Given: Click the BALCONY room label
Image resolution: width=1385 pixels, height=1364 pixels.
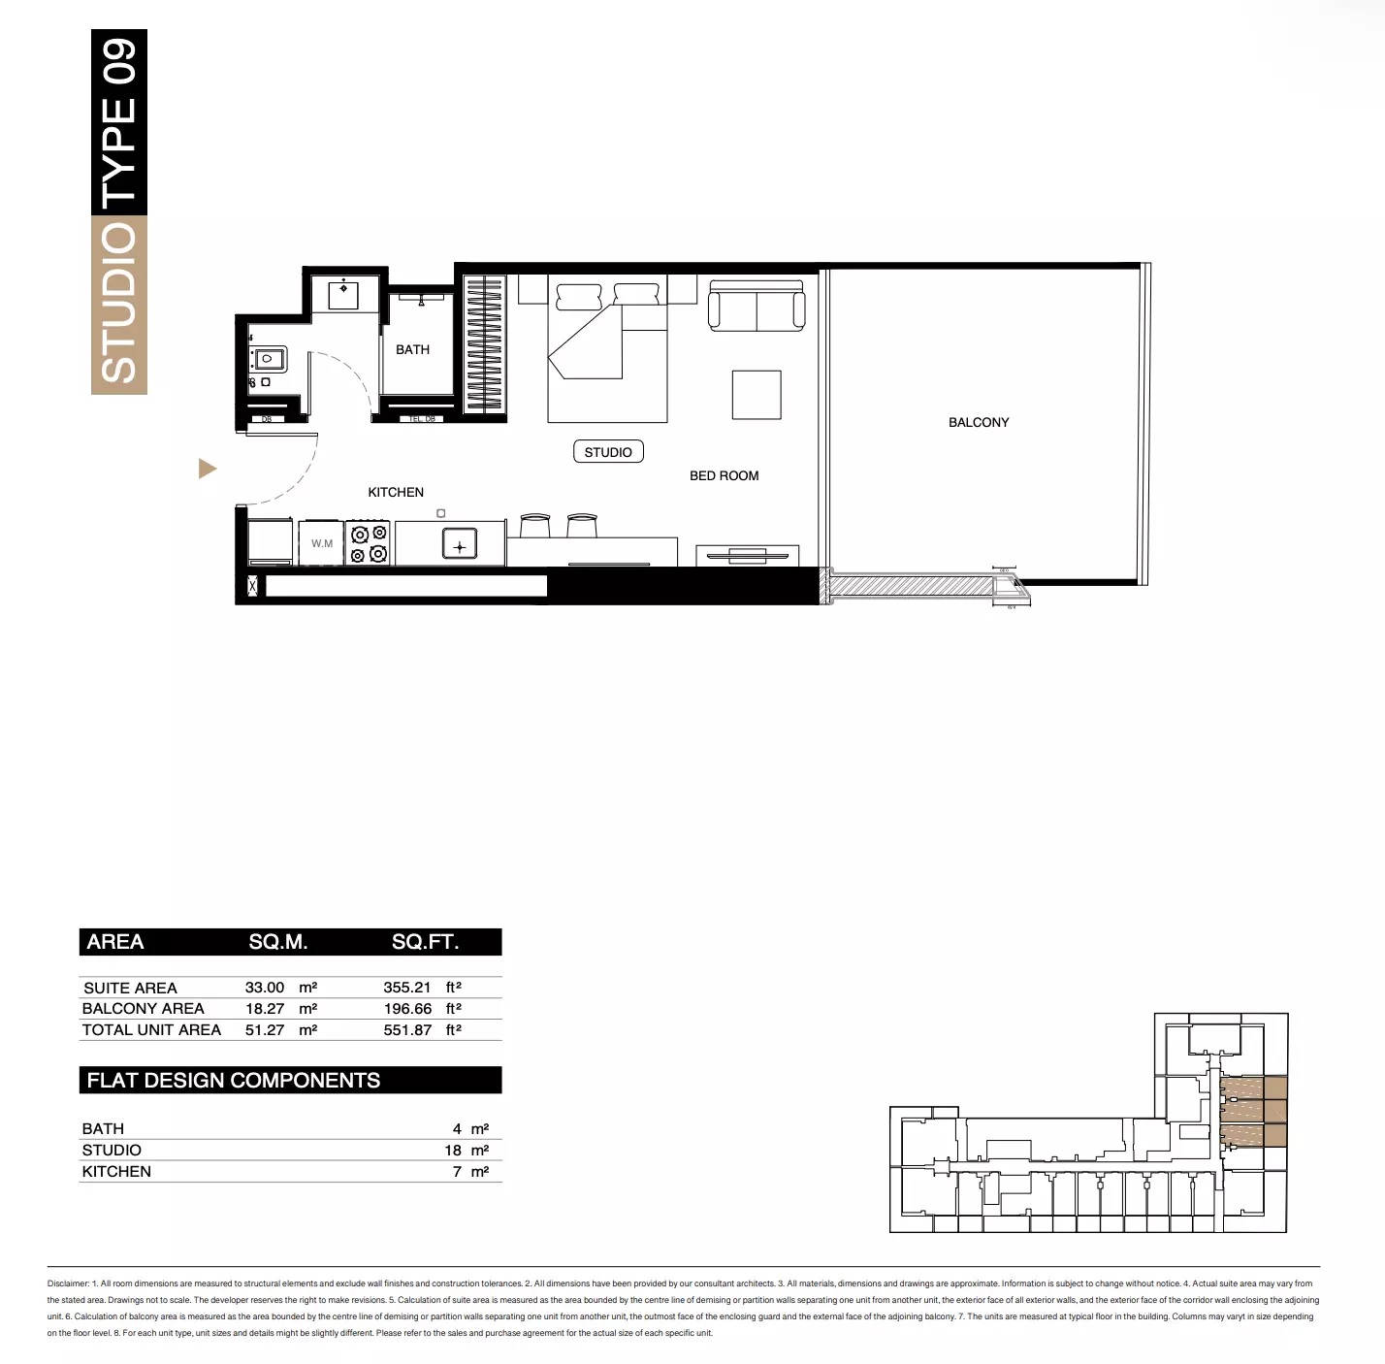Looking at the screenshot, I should [x=978, y=422].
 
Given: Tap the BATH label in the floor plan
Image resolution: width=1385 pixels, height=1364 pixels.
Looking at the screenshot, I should [x=412, y=349].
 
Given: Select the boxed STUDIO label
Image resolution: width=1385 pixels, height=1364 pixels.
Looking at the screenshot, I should [x=608, y=452].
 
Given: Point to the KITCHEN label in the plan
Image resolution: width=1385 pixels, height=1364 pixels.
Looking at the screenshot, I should [x=396, y=492].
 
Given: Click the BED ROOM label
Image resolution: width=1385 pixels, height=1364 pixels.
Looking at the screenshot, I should [x=724, y=475].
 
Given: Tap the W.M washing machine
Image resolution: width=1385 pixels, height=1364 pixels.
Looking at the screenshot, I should [x=322, y=544].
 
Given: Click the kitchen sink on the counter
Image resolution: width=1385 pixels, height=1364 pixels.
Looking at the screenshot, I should [x=459, y=546].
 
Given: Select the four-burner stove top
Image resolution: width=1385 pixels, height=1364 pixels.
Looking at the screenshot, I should [x=369, y=544].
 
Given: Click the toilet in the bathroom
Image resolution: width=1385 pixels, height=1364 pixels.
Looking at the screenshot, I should [x=265, y=360].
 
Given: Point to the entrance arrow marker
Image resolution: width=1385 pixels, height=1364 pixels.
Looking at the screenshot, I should [x=207, y=470].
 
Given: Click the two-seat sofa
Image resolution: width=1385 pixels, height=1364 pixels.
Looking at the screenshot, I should [x=757, y=307].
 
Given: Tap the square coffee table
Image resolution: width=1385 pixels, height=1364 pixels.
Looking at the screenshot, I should [x=757, y=395].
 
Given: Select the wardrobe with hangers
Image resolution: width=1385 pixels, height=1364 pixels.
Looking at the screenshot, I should [x=485, y=345].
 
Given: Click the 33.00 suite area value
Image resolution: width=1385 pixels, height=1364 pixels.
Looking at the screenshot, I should [x=265, y=988].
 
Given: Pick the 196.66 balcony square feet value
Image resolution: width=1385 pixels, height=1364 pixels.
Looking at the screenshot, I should [x=407, y=1009].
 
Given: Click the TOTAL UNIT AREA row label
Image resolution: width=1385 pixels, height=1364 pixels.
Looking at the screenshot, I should [x=151, y=1030].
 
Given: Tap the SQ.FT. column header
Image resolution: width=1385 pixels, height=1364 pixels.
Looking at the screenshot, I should [x=425, y=942].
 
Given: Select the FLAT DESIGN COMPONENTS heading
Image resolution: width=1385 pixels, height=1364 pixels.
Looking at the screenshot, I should [x=234, y=1081].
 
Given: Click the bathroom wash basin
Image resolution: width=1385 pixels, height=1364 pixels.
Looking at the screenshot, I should [x=344, y=292].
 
